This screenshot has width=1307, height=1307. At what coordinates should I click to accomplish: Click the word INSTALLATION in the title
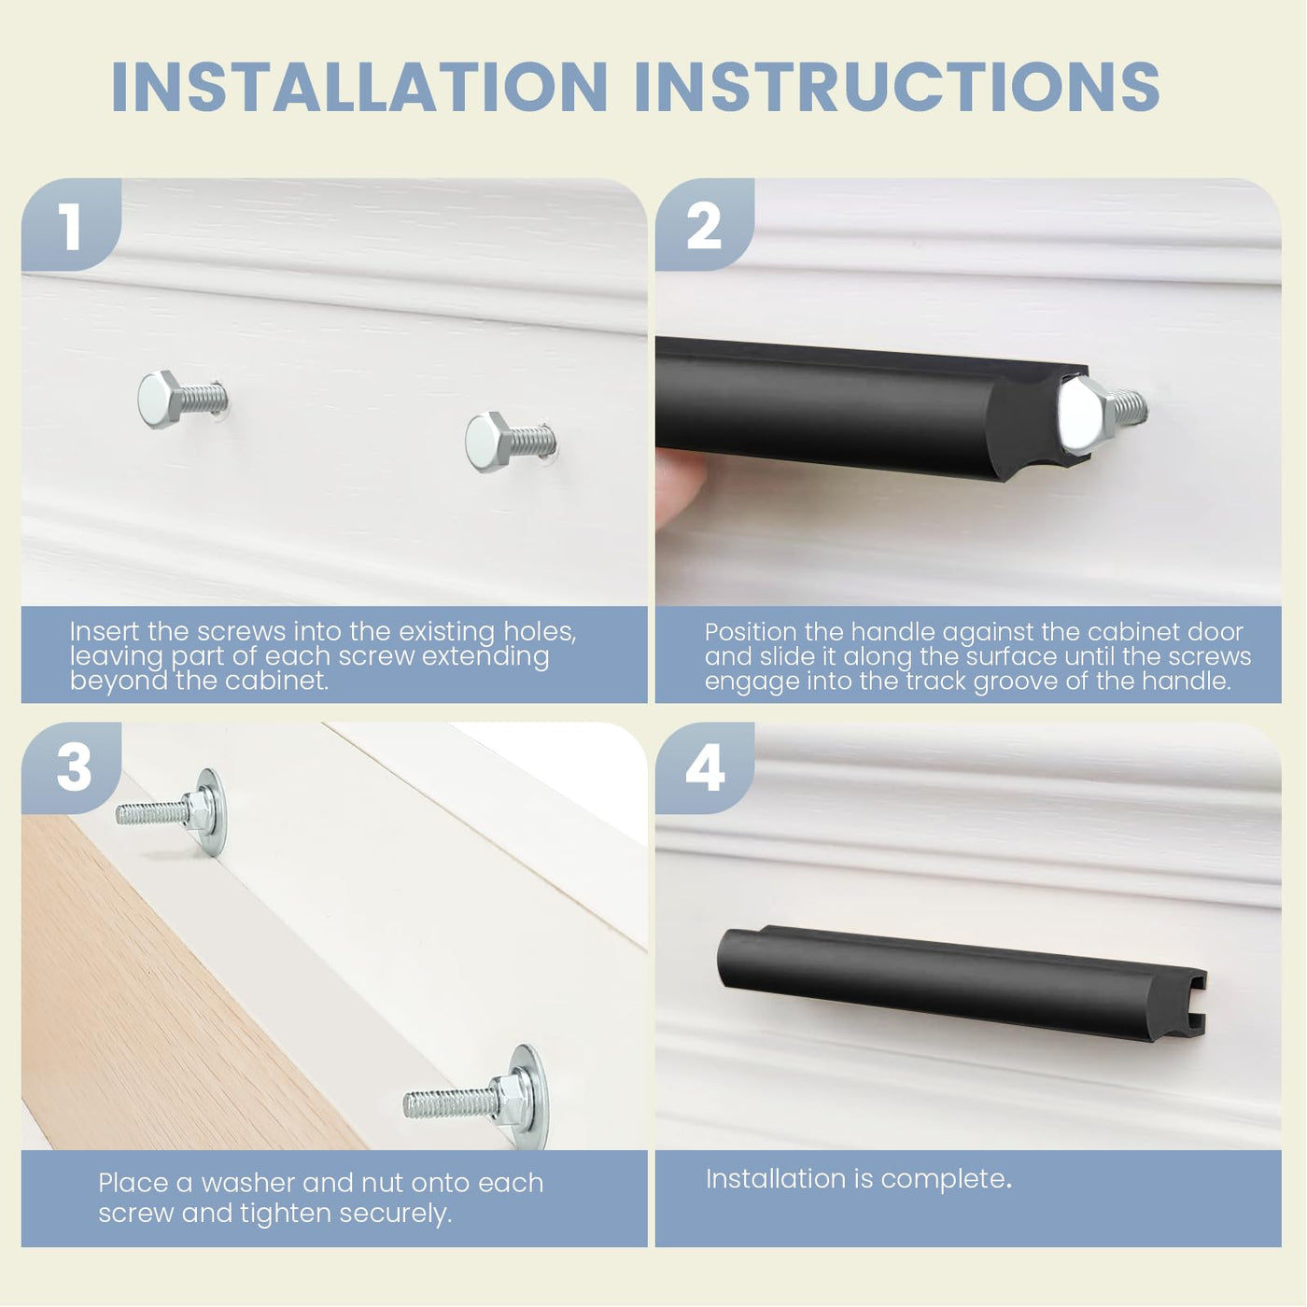click(x=358, y=86)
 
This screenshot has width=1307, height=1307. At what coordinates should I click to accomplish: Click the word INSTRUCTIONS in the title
click(x=896, y=86)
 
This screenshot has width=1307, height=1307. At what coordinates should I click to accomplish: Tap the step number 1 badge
click(x=71, y=225)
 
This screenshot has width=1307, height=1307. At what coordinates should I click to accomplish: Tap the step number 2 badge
click(x=705, y=225)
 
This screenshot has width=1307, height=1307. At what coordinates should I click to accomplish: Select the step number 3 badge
click(x=71, y=767)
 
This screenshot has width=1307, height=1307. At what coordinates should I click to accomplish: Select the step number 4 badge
click(x=705, y=767)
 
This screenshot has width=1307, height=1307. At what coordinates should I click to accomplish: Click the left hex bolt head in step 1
click(x=158, y=400)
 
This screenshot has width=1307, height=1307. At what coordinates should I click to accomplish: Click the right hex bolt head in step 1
click(x=486, y=442)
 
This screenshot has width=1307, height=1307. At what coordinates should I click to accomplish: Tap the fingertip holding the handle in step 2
click(x=679, y=486)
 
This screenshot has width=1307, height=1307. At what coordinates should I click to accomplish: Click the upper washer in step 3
click(x=212, y=812)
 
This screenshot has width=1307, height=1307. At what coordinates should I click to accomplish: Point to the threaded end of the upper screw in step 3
click(x=150, y=813)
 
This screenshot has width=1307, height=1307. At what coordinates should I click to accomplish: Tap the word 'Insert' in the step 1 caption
click(x=105, y=632)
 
